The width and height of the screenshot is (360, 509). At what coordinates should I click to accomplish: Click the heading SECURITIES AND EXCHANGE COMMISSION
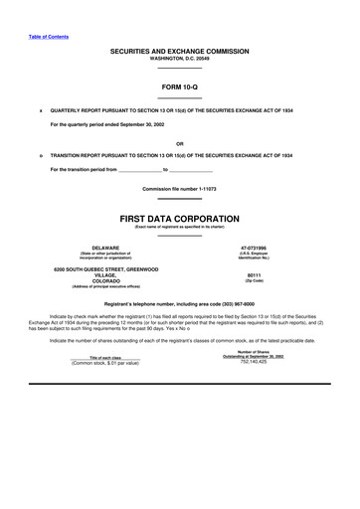coord(179,50)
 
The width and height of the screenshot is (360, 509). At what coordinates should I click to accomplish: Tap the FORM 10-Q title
coord(179,87)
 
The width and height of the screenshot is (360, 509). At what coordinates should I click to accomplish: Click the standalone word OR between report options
coord(179,142)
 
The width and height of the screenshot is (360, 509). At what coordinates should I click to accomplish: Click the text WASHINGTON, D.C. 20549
coord(179,58)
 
